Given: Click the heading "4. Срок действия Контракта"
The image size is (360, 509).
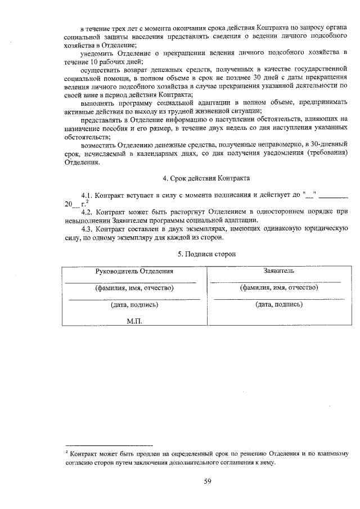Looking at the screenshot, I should [x=206, y=178].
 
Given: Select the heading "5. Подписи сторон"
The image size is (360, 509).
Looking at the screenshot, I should [x=206, y=254].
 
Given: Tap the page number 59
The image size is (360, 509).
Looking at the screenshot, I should [x=207, y=480].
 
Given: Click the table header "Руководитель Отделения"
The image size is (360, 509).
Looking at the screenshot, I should [x=134, y=271].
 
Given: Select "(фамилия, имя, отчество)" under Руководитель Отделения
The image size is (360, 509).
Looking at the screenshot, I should [x=134, y=288].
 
